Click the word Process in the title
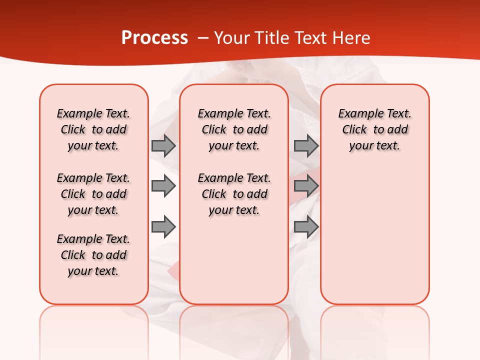click(154, 38)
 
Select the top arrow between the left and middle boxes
click(163, 145)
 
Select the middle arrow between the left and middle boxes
click(163, 186)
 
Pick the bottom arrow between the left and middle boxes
click(163, 227)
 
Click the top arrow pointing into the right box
click(306, 145)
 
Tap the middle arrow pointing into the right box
click(306, 186)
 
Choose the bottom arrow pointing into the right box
click(306, 227)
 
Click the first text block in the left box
click(93, 129)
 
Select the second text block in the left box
click(93, 194)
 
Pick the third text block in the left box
click(93, 255)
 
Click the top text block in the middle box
click(234, 129)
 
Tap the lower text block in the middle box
click(234, 194)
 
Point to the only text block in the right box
click(374, 129)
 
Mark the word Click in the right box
click(354, 130)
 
